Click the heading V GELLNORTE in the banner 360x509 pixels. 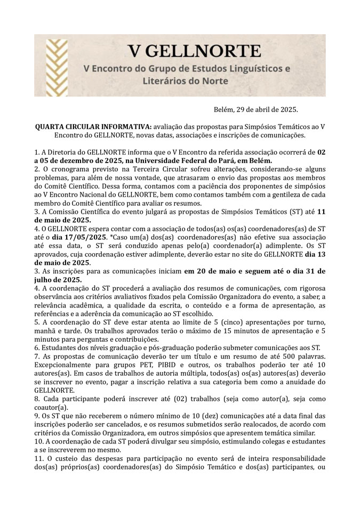194,52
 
